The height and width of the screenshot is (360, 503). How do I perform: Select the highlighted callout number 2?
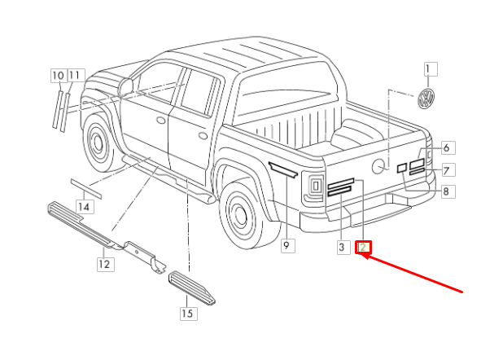point(363,248)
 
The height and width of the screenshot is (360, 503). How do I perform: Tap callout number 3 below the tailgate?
point(343,248)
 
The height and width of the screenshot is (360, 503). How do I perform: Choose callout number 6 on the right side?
point(448,148)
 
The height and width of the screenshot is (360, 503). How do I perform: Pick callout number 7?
point(448,170)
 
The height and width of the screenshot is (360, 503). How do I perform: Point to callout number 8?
point(448,191)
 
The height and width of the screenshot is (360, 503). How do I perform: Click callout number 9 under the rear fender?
point(288,246)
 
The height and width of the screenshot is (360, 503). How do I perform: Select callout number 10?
point(59,76)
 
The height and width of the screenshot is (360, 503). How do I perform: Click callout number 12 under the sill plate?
point(106,265)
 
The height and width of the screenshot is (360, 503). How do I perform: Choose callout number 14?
point(85,207)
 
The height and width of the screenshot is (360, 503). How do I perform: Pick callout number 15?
point(189,313)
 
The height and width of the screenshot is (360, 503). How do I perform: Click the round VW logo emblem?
point(426,99)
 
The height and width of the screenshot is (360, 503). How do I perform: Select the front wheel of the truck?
point(98,142)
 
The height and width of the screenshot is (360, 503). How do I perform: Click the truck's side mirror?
point(125,86)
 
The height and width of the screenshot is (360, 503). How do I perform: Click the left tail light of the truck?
point(313,188)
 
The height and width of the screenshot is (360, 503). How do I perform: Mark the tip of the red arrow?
point(362,254)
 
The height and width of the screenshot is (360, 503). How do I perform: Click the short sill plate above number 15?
point(192,288)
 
